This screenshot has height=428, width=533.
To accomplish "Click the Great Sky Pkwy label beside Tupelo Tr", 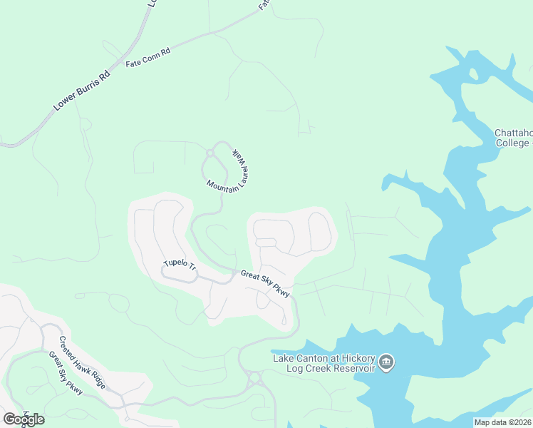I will pyautogui.click(x=265, y=283).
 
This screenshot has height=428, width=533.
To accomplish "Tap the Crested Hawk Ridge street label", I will pyautogui.click(x=83, y=362).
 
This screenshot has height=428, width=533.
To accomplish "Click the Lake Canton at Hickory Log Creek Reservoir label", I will pyautogui.click(x=324, y=362).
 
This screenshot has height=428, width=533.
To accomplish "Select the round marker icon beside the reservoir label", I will pyautogui.click(x=386, y=362).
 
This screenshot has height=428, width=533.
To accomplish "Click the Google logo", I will pyautogui.click(x=24, y=419).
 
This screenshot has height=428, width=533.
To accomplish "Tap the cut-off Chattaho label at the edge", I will pyautogui.click(x=513, y=133).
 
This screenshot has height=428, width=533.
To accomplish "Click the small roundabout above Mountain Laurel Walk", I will pyautogui.click(x=210, y=152).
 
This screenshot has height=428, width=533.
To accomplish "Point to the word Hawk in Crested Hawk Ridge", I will pyautogui.click(x=83, y=362).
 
